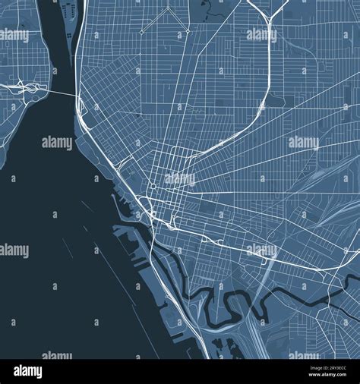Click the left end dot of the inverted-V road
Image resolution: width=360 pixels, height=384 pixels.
tap(142, 33)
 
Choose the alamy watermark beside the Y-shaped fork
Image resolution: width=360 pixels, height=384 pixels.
tap(259, 35)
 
